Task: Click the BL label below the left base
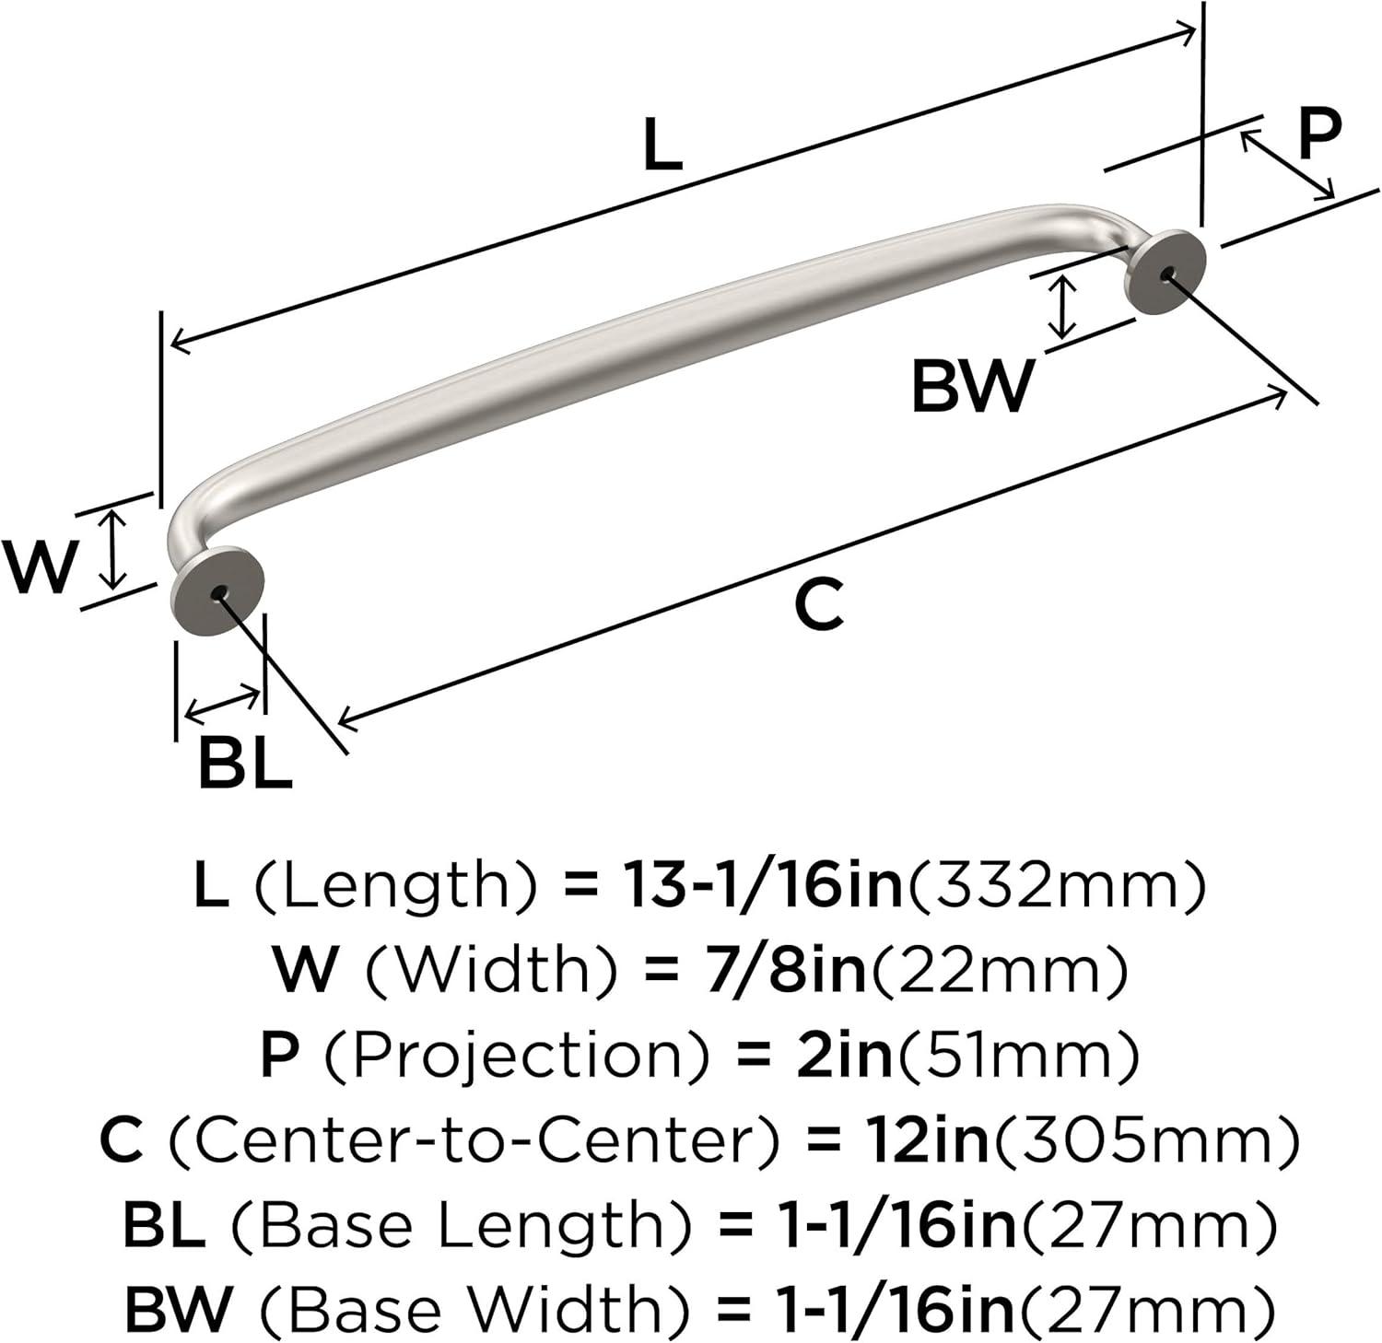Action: click(245, 763)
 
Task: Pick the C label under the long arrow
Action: click(819, 605)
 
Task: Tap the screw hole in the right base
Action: click(1168, 274)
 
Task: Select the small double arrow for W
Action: click(112, 550)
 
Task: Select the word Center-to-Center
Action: click(479, 1139)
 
